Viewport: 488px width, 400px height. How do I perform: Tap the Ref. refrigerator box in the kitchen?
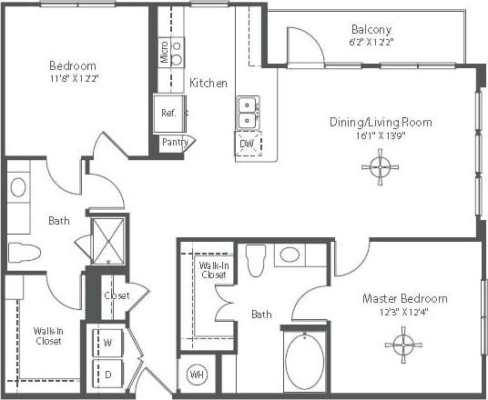click(x=168, y=113)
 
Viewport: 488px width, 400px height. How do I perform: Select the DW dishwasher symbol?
click(x=247, y=144)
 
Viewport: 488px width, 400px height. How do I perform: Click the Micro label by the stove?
click(x=164, y=50)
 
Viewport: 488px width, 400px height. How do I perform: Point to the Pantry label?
click(x=174, y=142)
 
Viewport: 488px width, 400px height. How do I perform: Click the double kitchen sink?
click(x=247, y=112)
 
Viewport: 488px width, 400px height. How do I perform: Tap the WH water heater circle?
click(x=197, y=375)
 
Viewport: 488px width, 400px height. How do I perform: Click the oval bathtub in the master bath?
click(x=305, y=360)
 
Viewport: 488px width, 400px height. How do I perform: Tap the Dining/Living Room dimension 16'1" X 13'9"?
click(x=381, y=136)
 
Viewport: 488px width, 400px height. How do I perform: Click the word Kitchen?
click(x=208, y=84)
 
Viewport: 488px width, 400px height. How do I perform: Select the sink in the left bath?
click(x=18, y=187)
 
